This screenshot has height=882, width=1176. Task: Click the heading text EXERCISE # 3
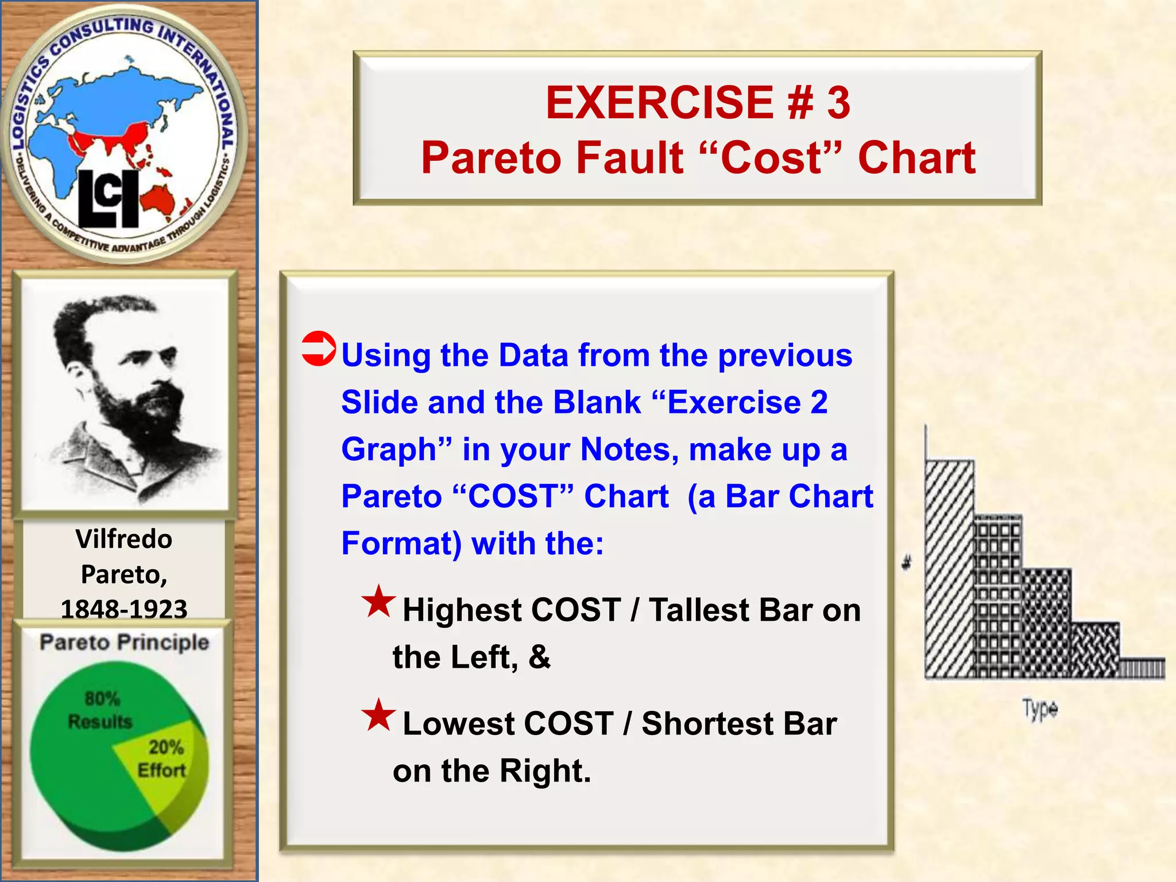click(x=697, y=103)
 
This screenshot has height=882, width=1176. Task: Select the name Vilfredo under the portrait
click(x=123, y=539)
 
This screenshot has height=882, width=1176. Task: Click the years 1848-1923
click(x=124, y=609)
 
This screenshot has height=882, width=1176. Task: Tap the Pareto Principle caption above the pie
click(x=124, y=642)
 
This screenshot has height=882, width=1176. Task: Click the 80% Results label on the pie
click(x=100, y=710)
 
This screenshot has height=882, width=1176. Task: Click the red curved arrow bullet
click(x=318, y=349)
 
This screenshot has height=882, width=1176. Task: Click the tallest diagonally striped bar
click(x=949, y=568)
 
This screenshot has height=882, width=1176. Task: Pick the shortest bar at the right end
click(x=1142, y=668)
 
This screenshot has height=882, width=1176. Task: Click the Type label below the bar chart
click(x=1040, y=709)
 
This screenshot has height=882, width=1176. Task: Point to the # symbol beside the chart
click(x=907, y=563)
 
